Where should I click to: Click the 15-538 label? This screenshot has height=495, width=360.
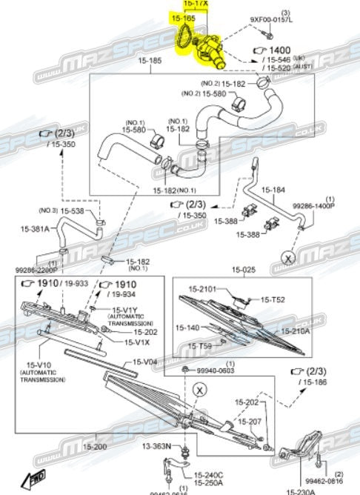(x=71, y=211)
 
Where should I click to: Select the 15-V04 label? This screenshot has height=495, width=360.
(x=145, y=362)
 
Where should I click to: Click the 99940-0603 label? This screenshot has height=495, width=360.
(x=216, y=371)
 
